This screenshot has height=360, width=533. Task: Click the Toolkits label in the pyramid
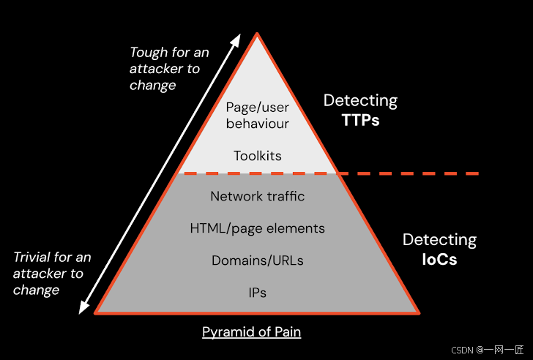coord(258,156)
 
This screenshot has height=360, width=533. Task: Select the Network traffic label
coord(257,196)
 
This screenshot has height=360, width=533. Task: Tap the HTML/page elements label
coord(257,228)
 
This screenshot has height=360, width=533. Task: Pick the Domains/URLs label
coord(257,260)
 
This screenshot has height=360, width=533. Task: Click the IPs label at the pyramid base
coord(257,293)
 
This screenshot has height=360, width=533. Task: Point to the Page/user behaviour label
coord(257,115)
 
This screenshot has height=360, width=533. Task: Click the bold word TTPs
coord(360,120)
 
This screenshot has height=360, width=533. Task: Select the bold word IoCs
coord(439,258)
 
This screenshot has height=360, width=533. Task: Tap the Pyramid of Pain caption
coord(252,332)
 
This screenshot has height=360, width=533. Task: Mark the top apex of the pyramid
coord(256,34)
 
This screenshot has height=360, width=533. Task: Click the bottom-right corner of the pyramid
coord(418,312)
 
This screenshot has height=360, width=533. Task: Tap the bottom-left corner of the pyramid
coord(96,312)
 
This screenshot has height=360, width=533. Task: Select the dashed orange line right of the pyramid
coord(410,173)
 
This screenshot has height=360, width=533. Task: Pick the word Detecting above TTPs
coord(360,101)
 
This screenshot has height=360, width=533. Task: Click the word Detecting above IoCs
coord(439,239)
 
